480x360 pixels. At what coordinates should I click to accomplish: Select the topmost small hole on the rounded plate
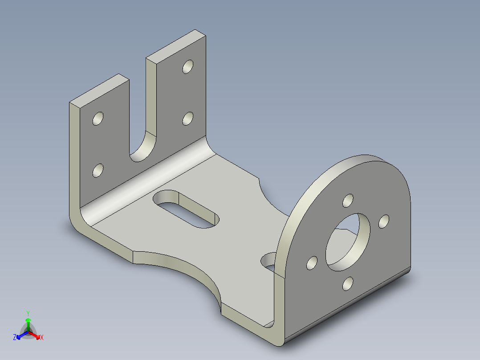tap(348, 200)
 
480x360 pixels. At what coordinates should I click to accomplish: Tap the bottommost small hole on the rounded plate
tap(348, 283)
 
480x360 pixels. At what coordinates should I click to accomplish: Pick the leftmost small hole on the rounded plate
tap(312, 263)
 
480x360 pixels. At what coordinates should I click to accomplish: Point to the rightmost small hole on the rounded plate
tap(384, 221)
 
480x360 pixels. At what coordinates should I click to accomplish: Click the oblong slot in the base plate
tap(187, 209)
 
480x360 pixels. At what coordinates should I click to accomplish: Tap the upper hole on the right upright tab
tap(188, 67)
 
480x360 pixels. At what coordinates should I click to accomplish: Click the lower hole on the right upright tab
tap(188, 119)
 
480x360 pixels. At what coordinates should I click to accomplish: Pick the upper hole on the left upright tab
tap(98, 119)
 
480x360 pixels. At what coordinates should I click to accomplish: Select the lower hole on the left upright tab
tap(98, 171)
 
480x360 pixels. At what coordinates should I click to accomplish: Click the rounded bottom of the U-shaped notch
tap(143, 149)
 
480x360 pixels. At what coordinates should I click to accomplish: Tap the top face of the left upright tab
tap(99, 90)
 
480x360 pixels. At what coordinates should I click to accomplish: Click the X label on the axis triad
tap(42, 338)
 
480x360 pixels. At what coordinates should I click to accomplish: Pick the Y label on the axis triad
tap(28, 313)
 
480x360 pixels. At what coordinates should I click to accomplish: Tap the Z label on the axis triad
tap(15, 338)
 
